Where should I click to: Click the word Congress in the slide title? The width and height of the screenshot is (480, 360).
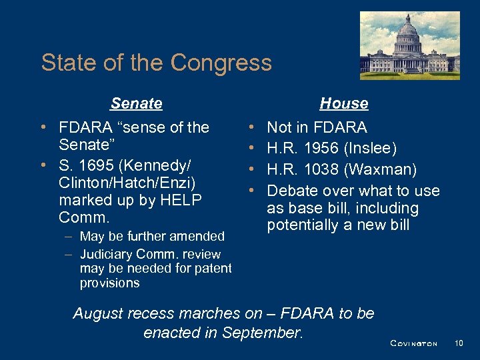point(221,63)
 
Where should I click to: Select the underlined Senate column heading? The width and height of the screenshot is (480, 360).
point(136,103)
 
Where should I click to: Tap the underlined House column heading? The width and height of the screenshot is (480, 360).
point(343,103)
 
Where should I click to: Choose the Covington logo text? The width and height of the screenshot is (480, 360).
point(413,343)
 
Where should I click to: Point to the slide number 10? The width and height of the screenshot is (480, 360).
point(458,343)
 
